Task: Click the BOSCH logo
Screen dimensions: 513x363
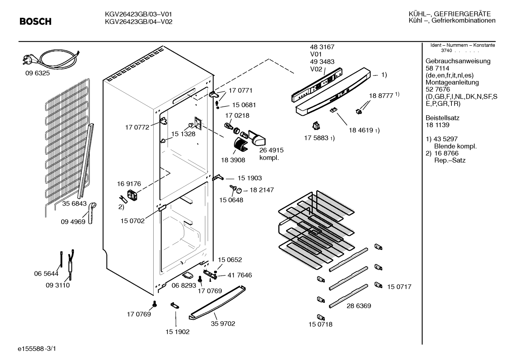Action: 36,21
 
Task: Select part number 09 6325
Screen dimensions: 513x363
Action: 38,73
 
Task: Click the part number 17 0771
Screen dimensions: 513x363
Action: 240,90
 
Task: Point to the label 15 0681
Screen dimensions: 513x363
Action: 244,105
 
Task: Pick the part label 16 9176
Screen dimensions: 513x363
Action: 129,184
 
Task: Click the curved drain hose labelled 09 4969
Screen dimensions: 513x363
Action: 92,213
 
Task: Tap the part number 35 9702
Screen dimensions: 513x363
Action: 223,323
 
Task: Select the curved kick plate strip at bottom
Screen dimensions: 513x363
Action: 217,303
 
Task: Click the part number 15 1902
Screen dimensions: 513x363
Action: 178,332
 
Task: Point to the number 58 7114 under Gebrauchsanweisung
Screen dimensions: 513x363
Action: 438,68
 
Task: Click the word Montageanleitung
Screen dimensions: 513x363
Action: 452,82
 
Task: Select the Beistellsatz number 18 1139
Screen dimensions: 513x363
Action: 438,125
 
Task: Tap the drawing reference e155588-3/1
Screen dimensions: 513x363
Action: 37,349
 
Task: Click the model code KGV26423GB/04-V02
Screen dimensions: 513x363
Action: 138,22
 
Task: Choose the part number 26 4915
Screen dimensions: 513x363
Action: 271,150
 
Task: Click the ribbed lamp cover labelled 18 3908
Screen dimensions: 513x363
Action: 241,144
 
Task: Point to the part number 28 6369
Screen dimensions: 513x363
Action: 359,306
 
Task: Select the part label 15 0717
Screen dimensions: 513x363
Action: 399,287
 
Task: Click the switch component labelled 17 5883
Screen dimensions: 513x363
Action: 316,126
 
